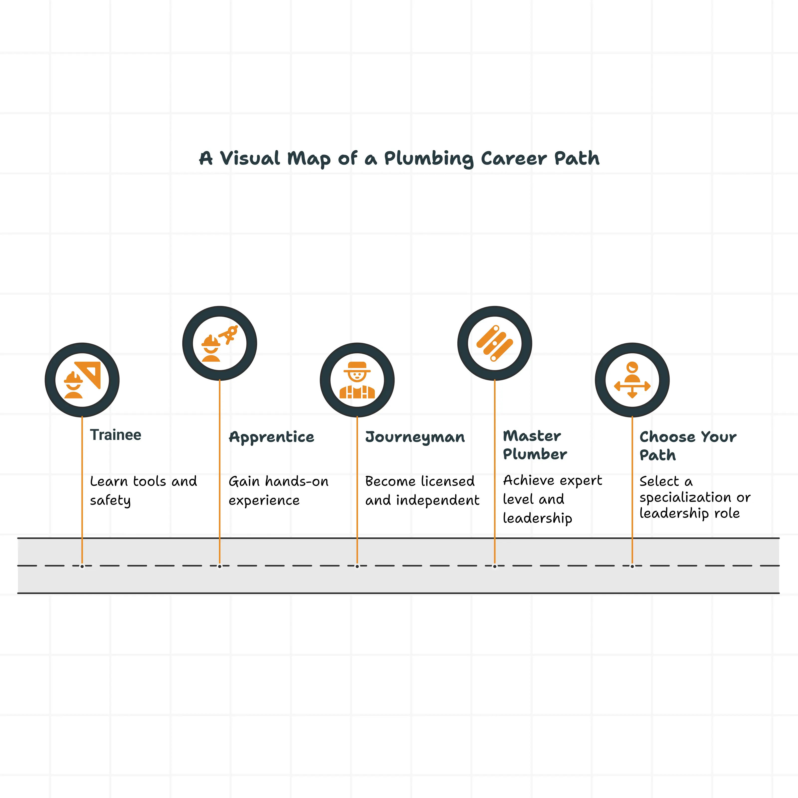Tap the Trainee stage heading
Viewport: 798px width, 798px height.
(116, 435)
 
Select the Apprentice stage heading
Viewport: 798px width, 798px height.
(271, 437)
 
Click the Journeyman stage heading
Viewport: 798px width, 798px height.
(415, 437)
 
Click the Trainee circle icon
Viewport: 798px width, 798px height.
(82, 380)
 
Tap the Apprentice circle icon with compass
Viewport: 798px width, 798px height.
(220, 343)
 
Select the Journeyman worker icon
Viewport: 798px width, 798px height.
(357, 380)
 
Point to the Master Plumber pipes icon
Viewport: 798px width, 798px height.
(495, 343)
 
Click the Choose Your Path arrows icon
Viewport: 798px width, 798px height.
(632, 380)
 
